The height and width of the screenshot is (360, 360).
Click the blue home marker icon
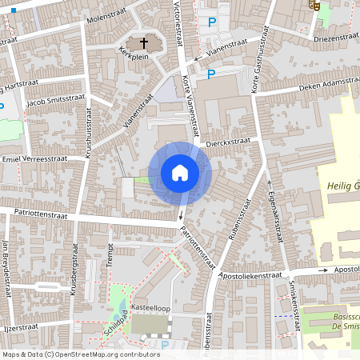pyautogui.click(x=180, y=173)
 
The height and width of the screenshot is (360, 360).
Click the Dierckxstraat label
pyautogui.click(x=227, y=140)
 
